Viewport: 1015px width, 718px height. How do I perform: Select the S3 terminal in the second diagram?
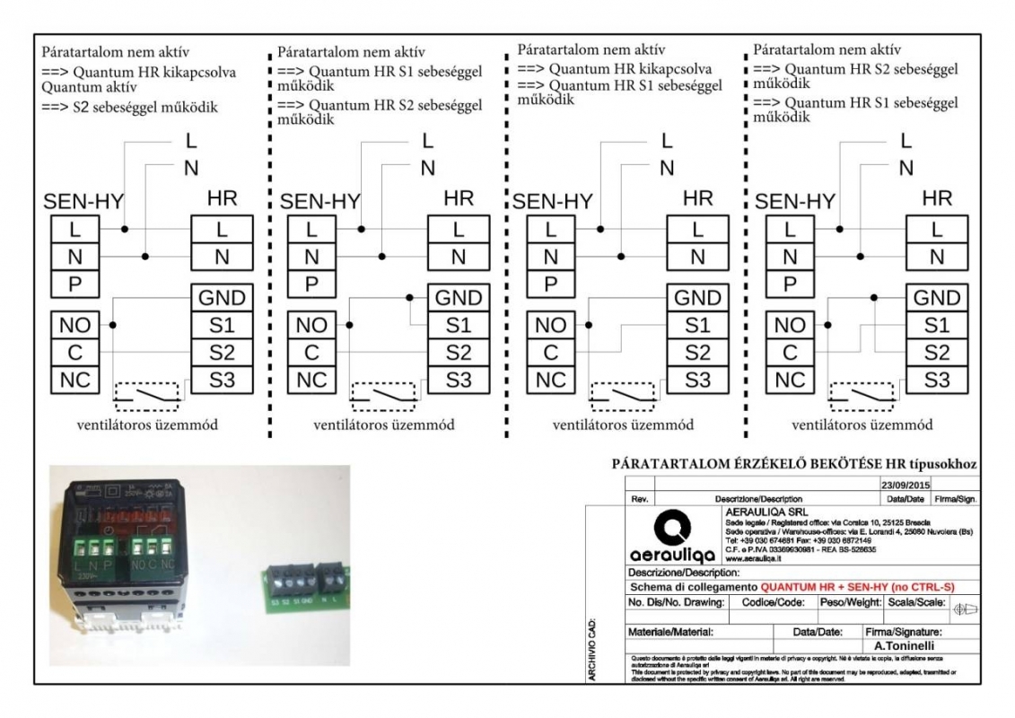click(x=458, y=380)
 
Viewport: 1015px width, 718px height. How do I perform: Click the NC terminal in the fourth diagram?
click(x=790, y=380)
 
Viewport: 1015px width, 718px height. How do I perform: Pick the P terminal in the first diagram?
click(x=75, y=285)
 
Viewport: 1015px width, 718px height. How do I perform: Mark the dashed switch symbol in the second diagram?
click(x=385, y=395)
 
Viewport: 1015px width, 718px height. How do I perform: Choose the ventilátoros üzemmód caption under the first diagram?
click(x=150, y=425)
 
